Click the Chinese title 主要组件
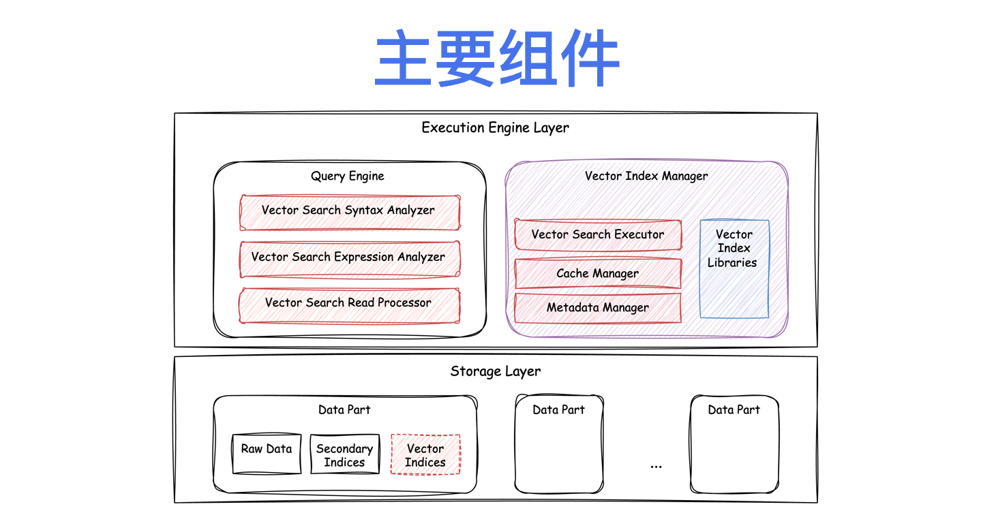[496, 59]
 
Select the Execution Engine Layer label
[495, 127]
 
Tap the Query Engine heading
[348, 176]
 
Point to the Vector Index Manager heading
[646, 176]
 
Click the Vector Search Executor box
[598, 235]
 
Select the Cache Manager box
[598, 274]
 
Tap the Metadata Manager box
[598, 308]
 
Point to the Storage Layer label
[496, 371]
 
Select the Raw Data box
[267, 454]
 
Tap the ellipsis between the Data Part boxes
[657, 466]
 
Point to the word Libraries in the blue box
[732, 263]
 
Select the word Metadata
[573, 308]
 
